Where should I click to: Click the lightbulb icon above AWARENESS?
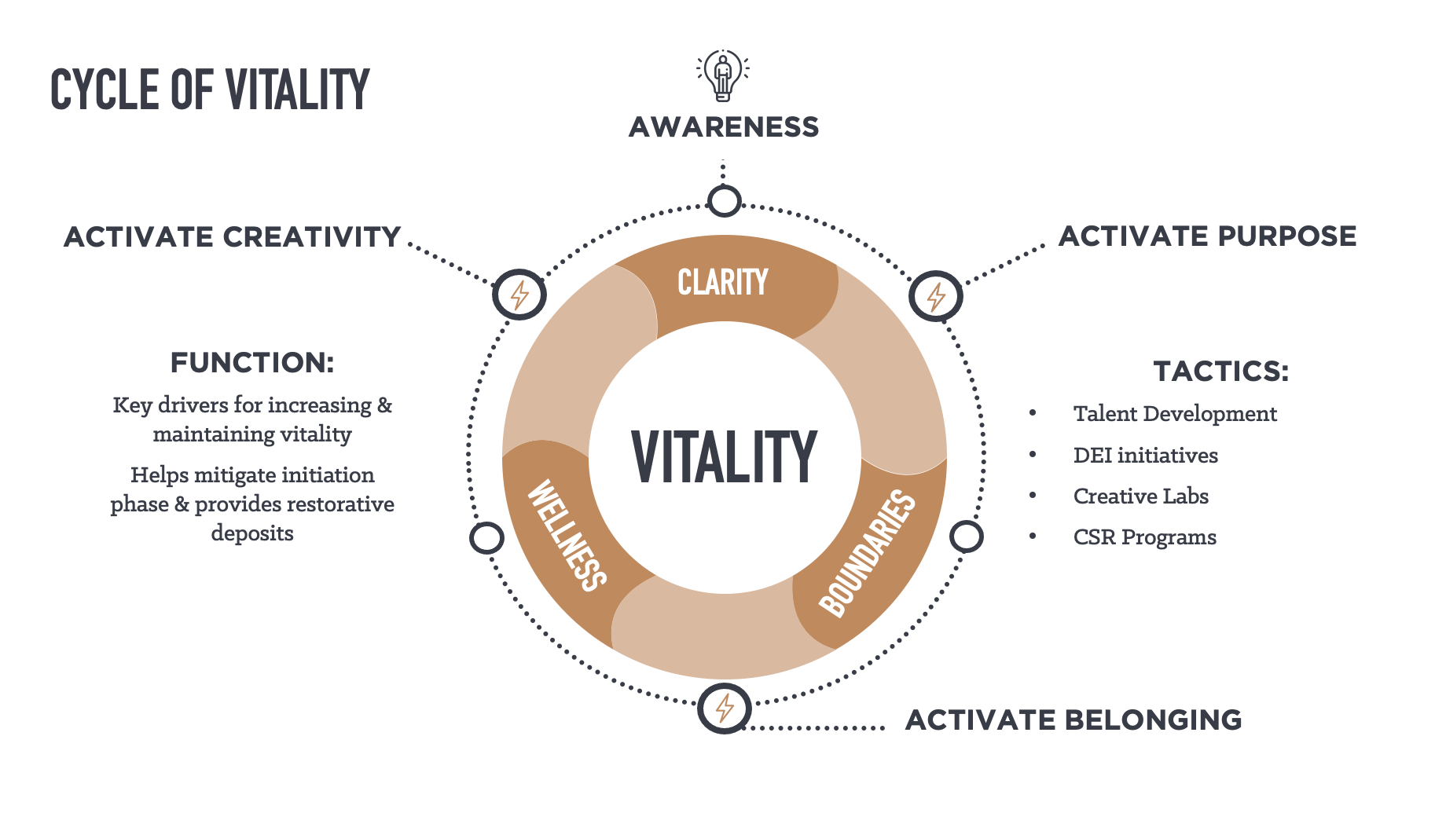[723, 75]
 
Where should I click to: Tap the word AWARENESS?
[724, 127]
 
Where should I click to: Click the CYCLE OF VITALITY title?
[210, 90]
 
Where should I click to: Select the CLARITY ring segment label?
[723, 282]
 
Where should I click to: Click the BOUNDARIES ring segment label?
[868, 554]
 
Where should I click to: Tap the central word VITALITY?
[725, 457]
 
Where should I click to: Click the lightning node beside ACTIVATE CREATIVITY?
[519, 295]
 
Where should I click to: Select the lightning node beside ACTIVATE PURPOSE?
[935, 296]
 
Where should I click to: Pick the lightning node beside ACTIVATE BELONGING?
[725, 709]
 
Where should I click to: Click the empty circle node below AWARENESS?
[724, 201]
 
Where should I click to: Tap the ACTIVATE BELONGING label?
[1073, 720]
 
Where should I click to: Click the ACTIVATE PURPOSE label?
[1207, 236]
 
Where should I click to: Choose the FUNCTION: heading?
[252, 363]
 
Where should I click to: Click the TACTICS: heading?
[1220, 372]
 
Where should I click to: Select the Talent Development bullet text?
[1175, 414]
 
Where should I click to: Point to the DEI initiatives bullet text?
[1145, 456]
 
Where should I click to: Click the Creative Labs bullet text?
[1140, 496]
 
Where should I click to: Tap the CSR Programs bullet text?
[1144, 537]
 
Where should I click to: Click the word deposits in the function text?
[252, 533]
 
